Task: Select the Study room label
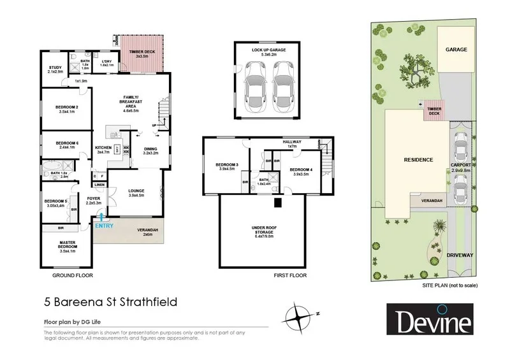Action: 56,69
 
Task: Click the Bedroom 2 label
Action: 67,109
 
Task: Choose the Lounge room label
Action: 136,192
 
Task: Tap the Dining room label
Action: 150,150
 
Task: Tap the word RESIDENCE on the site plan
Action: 418,160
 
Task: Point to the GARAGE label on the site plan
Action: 456,50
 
